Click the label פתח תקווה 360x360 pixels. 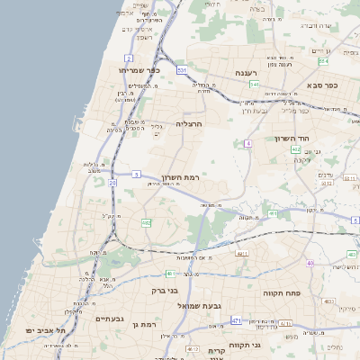click(x=281, y=293)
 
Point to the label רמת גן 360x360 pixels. click(x=144, y=323)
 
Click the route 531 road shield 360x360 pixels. click(x=182, y=69)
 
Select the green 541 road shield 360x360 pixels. click(x=255, y=85)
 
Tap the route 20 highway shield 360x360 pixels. click(x=112, y=183)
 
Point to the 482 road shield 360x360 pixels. click(x=146, y=221)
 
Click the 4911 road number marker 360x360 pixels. click(x=241, y=255)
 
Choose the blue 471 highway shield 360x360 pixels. click(x=237, y=320)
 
